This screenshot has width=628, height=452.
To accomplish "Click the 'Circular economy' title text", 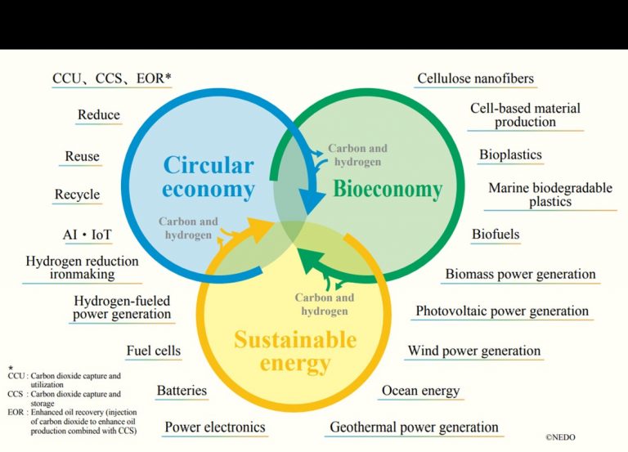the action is click(209, 177).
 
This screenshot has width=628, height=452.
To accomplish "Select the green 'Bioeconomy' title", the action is click(388, 189).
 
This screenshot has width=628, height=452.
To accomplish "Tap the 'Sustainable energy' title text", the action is click(295, 351).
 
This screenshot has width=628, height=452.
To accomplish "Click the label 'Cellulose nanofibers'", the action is click(475, 78).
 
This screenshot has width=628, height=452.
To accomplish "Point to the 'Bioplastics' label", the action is click(510, 154).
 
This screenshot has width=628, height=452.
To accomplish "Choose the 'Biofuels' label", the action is click(496, 234).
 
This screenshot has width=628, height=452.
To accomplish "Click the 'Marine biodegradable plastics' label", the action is click(550, 195).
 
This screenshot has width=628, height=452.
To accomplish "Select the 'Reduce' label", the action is click(98, 115).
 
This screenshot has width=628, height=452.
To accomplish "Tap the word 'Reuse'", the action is click(82, 156).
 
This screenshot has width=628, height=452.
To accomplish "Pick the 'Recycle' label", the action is click(78, 195).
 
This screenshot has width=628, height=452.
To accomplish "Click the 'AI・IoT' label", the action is click(87, 235).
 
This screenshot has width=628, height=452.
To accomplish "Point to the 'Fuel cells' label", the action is click(154, 351).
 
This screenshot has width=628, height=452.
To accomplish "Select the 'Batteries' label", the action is click(182, 391).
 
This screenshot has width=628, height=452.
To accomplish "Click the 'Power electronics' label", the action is click(215, 427).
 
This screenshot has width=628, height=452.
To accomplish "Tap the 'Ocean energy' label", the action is click(420, 391).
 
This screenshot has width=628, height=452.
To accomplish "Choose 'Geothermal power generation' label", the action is click(414, 427).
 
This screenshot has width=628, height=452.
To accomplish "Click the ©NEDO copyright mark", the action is click(560, 437).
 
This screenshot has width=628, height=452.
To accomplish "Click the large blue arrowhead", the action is click(314, 202).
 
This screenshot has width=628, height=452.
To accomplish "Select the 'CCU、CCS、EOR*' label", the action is click(112, 78).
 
